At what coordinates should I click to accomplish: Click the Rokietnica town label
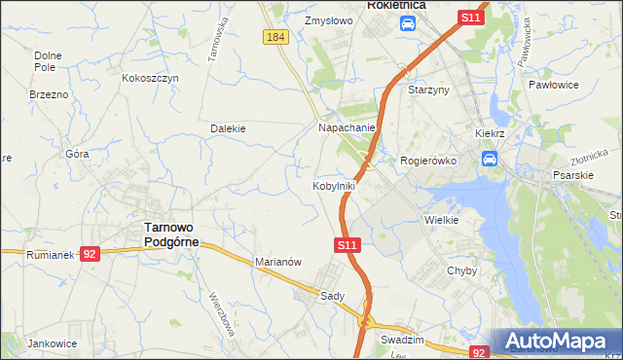(397, 5)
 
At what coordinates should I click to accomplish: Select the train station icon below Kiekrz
(490, 158)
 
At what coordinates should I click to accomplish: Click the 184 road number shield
(275, 36)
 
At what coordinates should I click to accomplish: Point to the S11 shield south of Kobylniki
(349, 247)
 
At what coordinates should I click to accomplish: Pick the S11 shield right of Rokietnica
(471, 18)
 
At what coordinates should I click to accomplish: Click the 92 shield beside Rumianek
(90, 253)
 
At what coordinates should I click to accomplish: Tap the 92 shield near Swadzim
(478, 352)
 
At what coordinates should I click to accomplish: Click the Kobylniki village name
(333, 185)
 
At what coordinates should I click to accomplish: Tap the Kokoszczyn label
(150, 77)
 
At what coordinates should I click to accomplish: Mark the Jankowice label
(53, 343)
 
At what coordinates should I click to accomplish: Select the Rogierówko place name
(428, 162)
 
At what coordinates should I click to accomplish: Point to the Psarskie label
(572, 176)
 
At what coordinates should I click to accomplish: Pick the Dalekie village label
(228, 127)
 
